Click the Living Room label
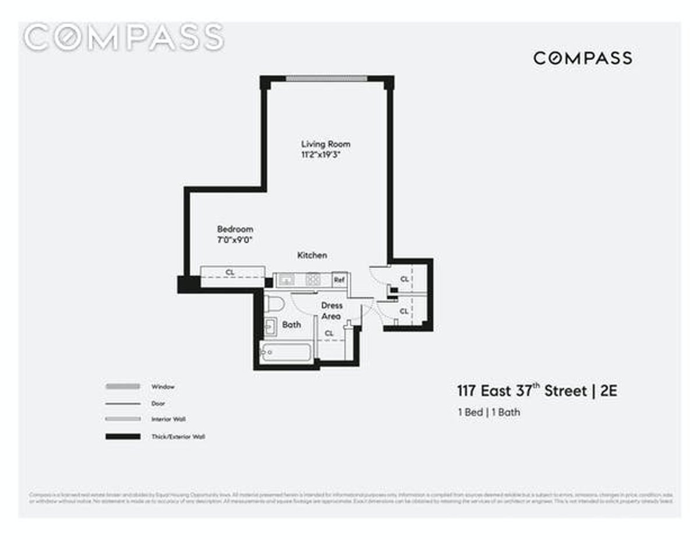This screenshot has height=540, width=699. point(326,144)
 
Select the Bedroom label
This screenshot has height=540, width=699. point(235,229)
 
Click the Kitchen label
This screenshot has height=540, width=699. point(312,255)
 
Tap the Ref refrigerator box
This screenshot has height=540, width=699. point(339,280)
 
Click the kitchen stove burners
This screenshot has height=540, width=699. point(313,280)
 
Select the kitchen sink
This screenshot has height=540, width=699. point(286,280)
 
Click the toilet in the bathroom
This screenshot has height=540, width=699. point(273,303)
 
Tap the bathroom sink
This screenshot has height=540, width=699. point(270,327)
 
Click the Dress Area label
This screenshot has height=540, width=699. point(331,310)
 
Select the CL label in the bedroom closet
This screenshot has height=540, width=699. point(230,271)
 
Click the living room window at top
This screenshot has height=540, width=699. point(326,79)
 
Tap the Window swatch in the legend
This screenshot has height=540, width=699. point(122,386)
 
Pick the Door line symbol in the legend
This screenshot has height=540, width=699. point(122,403)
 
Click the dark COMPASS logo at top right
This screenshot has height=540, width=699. point(582,58)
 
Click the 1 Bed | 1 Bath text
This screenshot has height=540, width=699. point(489,412)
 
